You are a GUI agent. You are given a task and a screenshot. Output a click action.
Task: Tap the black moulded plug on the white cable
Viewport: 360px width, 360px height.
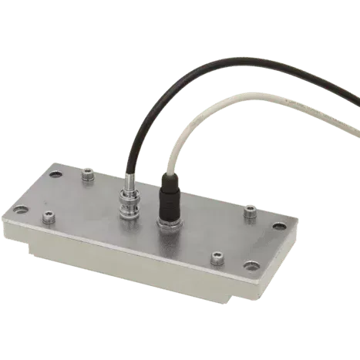click(x=168, y=197)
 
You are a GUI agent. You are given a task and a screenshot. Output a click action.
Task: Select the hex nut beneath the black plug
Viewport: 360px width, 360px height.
click(x=167, y=224)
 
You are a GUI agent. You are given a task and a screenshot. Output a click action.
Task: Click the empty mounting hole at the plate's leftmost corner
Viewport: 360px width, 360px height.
click(x=16, y=210)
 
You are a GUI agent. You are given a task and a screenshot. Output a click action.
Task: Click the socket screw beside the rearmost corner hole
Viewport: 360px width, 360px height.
click(x=88, y=177)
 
